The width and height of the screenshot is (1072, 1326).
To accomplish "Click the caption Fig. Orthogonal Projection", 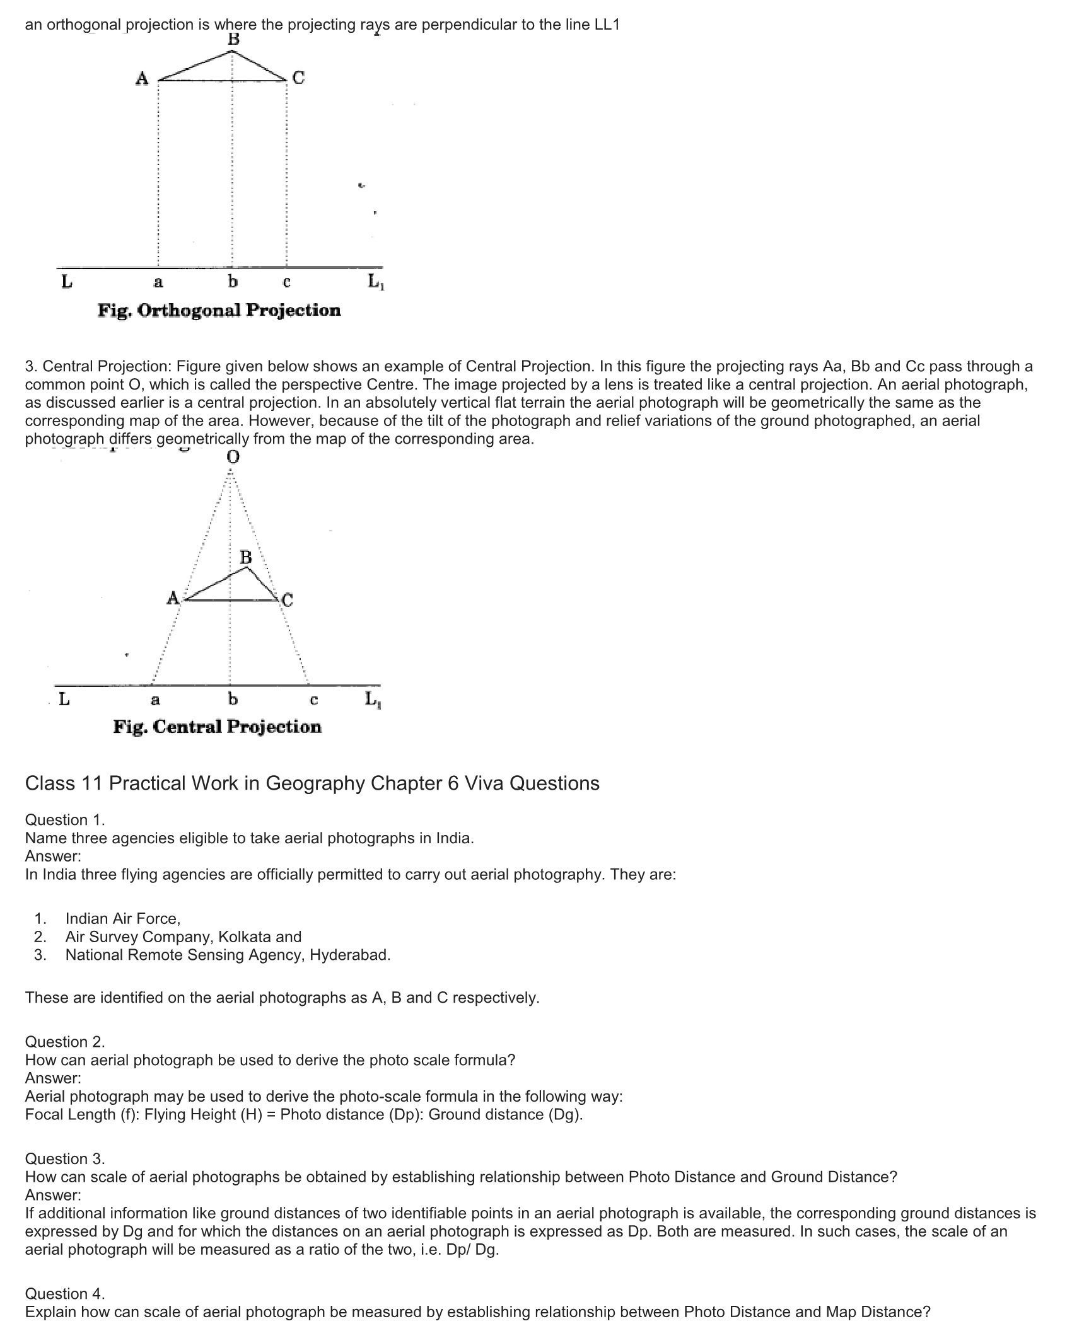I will click(x=219, y=310).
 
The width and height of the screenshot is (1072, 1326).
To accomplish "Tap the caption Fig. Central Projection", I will click(x=217, y=727).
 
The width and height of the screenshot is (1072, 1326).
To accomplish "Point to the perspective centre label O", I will click(x=233, y=457).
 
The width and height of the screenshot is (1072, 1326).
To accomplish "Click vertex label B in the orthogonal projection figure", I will click(x=234, y=39).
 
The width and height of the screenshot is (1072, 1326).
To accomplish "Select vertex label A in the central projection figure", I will click(x=173, y=597).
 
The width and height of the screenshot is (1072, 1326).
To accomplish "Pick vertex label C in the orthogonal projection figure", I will click(x=298, y=78).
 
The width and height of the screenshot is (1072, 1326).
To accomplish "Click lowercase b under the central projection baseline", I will click(x=232, y=699).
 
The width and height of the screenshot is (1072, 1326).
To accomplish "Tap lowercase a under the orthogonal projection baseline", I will click(x=158, y=282).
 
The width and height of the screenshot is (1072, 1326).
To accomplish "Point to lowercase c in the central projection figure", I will click(x=313, y=700).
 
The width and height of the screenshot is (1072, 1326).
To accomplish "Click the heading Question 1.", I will click(x=65, y=820).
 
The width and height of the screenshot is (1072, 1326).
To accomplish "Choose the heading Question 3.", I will click(x=65, y=1159).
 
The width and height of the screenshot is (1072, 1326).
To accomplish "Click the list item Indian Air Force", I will click(x=122, y=918).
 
